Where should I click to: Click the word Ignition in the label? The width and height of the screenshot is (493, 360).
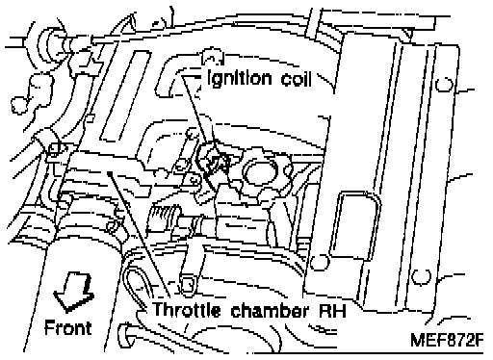pos(240,79)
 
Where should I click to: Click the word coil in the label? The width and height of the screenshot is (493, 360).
pos(297,78)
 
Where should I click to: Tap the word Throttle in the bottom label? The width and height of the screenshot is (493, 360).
pos(187,310)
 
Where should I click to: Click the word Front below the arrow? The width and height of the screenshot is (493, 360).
pos(67,327)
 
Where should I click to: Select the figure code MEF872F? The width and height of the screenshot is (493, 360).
pos(447,340)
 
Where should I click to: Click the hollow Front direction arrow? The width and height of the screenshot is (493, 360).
pos(73,292)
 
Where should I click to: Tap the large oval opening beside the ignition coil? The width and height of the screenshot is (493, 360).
pos(260,172)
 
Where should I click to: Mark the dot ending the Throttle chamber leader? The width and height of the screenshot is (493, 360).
pos(110,173)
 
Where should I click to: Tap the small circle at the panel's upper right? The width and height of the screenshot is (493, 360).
pos(445,85)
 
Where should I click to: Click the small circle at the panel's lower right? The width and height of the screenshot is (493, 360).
pos(421,276)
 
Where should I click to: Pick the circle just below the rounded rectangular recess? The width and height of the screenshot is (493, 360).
pos(320,262)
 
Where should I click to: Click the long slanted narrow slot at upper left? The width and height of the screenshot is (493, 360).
pos(125,95)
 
